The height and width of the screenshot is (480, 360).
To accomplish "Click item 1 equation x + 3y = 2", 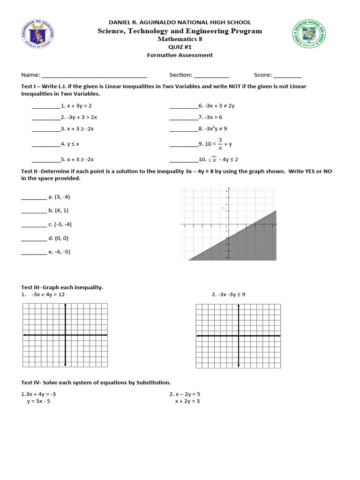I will click(x=78, y=106).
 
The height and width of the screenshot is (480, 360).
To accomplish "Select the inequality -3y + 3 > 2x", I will click(x=81, y=117).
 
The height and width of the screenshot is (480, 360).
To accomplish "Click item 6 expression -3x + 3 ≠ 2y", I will click(x=219, y=106).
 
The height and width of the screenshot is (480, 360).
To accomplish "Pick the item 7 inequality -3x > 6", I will click(x=212, y=117).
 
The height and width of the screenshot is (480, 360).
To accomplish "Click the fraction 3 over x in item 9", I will click(x=219, y=143).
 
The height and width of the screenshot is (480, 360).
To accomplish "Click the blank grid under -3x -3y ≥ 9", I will click(x=238, y=335).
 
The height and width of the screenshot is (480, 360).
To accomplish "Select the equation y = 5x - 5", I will click(x=41, y=401).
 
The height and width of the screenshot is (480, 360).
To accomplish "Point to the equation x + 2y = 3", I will click(x=187, y=401).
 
